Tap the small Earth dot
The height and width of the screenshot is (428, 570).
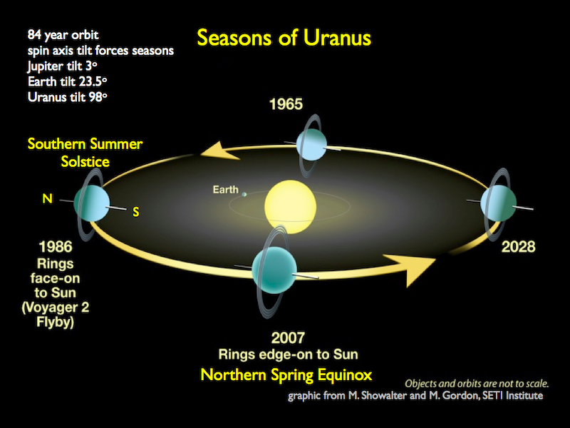[244, 193]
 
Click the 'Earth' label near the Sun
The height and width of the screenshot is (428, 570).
[225, 190]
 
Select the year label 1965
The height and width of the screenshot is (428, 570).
[286, 105]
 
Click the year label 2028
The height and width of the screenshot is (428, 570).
[518, 248]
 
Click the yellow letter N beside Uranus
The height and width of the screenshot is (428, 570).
[47, 199]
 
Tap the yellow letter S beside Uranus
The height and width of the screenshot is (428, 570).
[136, 212]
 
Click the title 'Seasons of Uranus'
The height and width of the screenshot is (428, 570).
[284, 37]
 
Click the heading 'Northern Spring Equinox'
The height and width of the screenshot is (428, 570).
[286, 374]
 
